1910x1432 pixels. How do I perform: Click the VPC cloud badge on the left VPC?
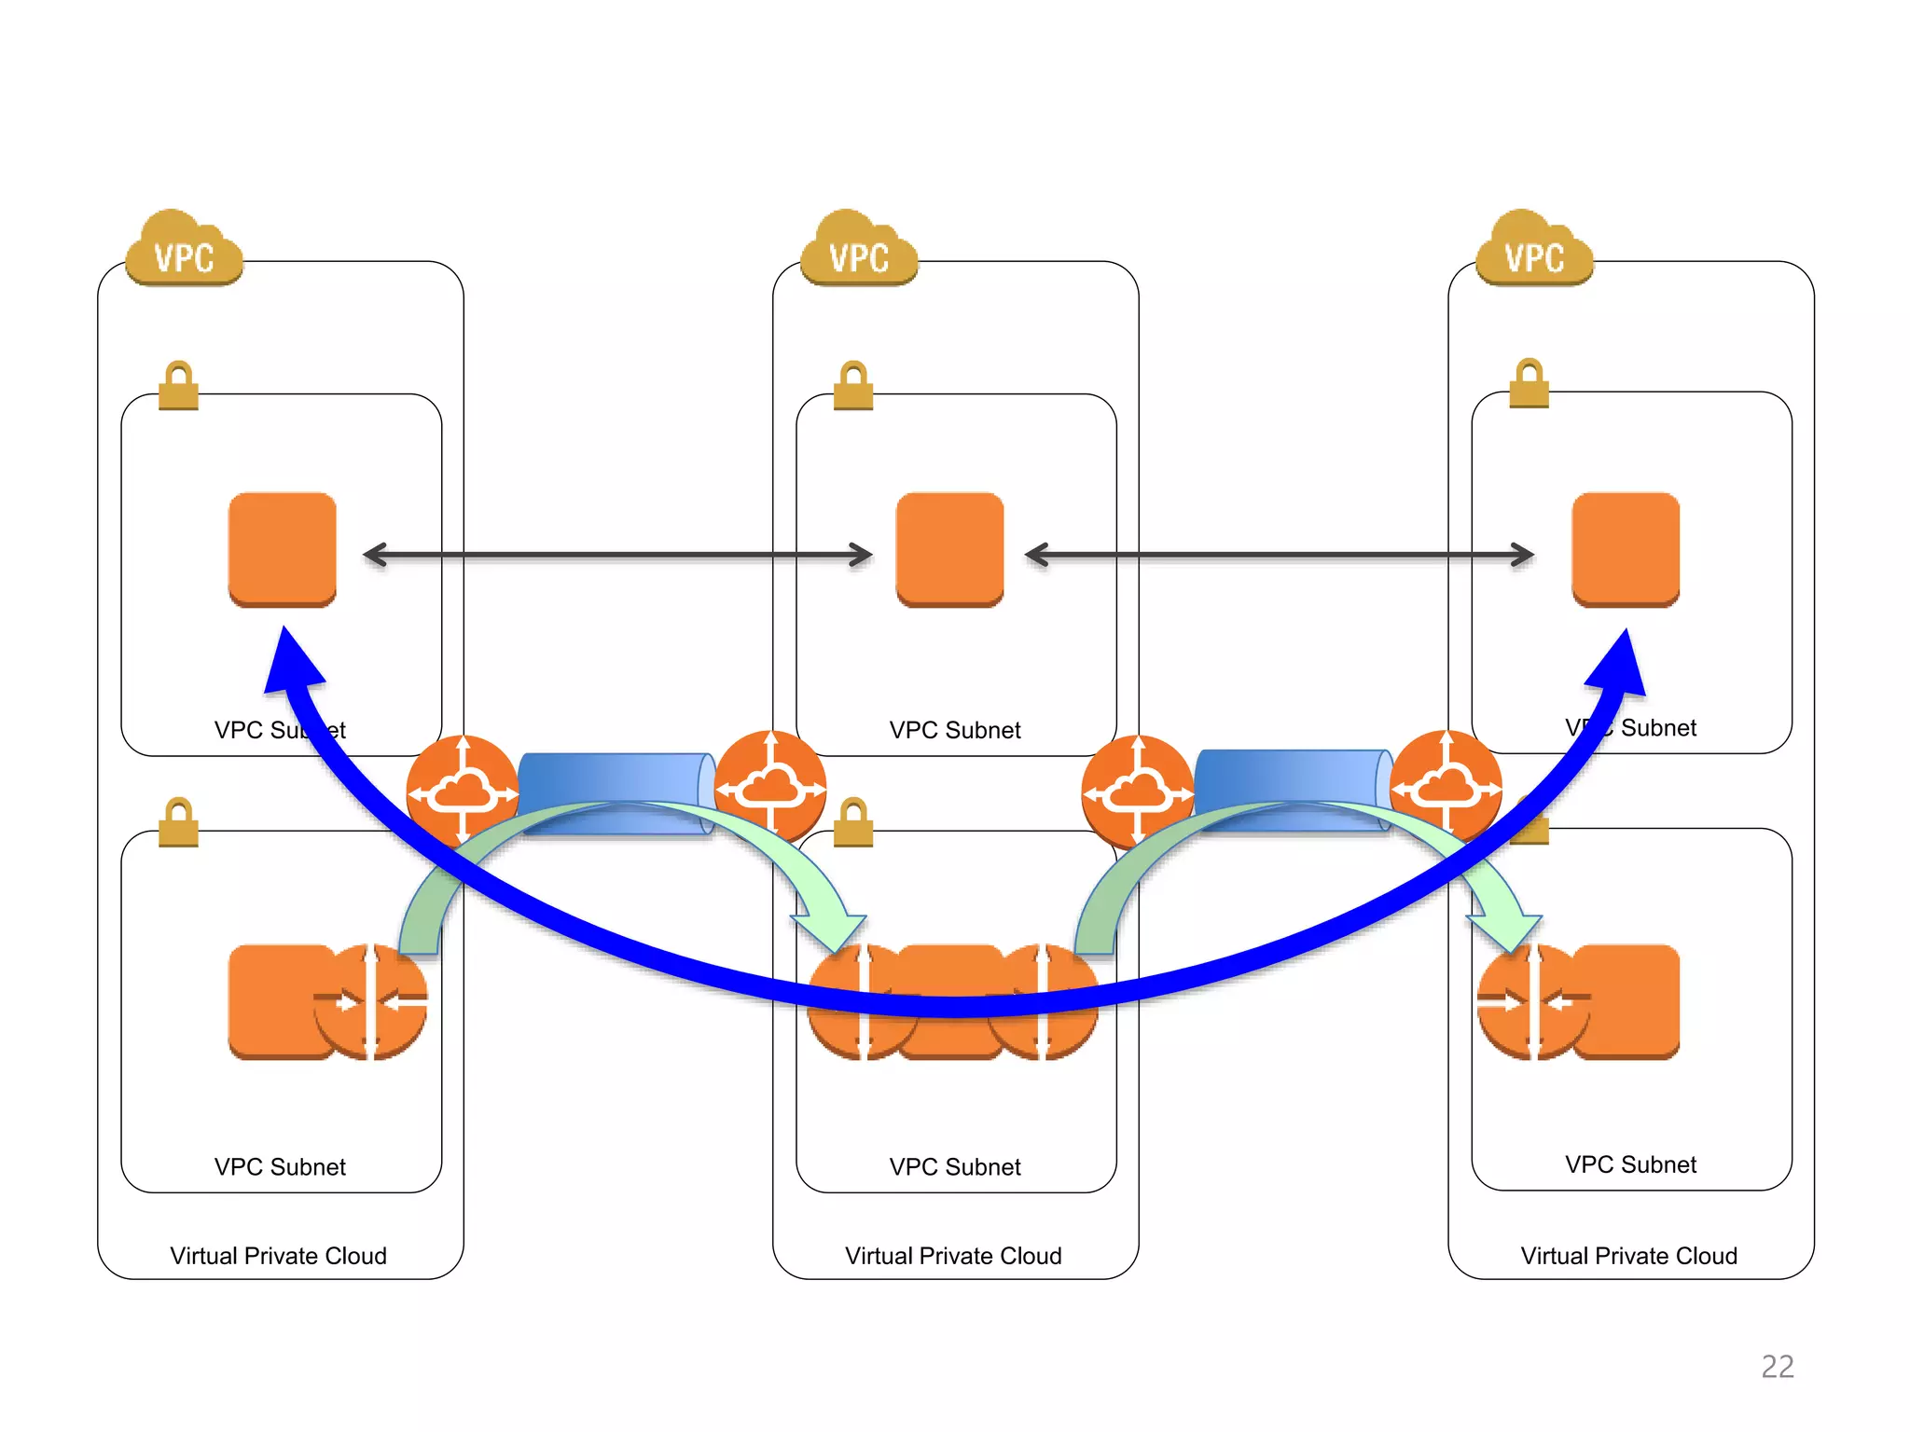pyautogui.click(x=184, y=252)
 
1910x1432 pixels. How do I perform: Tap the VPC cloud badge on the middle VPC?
pyautogui.click(x=859, y=252)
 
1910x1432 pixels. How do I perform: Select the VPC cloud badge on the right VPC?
pyautogui.click(x=1534, y=252)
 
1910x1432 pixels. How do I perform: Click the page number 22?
pyautogui.click(x=1777, y=1366)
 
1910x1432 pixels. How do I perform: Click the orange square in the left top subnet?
pyautogui.click(x=283, y=549)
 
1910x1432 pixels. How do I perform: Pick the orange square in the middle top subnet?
pyautogui.click(x=949, y=549)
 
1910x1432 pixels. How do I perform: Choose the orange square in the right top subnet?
pyautogui.click(x=1626, y=549)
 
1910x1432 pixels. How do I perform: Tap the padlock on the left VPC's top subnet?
pyautogui.click(x=178, y=386)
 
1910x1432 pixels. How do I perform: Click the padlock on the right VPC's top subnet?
pyautogui.click(x=1529, y=383)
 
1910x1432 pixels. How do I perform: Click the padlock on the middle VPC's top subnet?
pyautogui.click(x=853, y=386)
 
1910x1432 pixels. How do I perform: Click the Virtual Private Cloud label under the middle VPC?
pyautogui.click(x=953, y=1256)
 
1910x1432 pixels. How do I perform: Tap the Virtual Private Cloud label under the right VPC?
pyautogui.click(x=1628, y=1256)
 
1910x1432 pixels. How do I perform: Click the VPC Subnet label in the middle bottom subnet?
pyautogui.click(x=955, y=1167)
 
